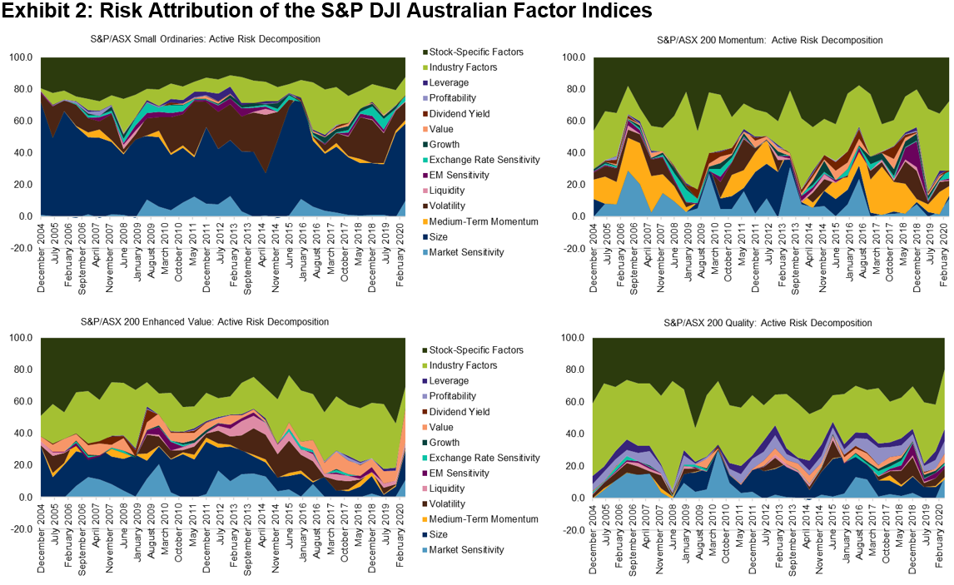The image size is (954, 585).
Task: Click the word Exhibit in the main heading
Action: click(32, 12)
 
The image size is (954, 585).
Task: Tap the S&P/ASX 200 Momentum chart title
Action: click(769, 39)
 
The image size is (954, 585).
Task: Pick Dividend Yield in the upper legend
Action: click(460, 114)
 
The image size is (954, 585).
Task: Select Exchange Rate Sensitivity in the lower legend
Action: click(484, 458)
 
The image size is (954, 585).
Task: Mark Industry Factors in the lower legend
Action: click(465, 365)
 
